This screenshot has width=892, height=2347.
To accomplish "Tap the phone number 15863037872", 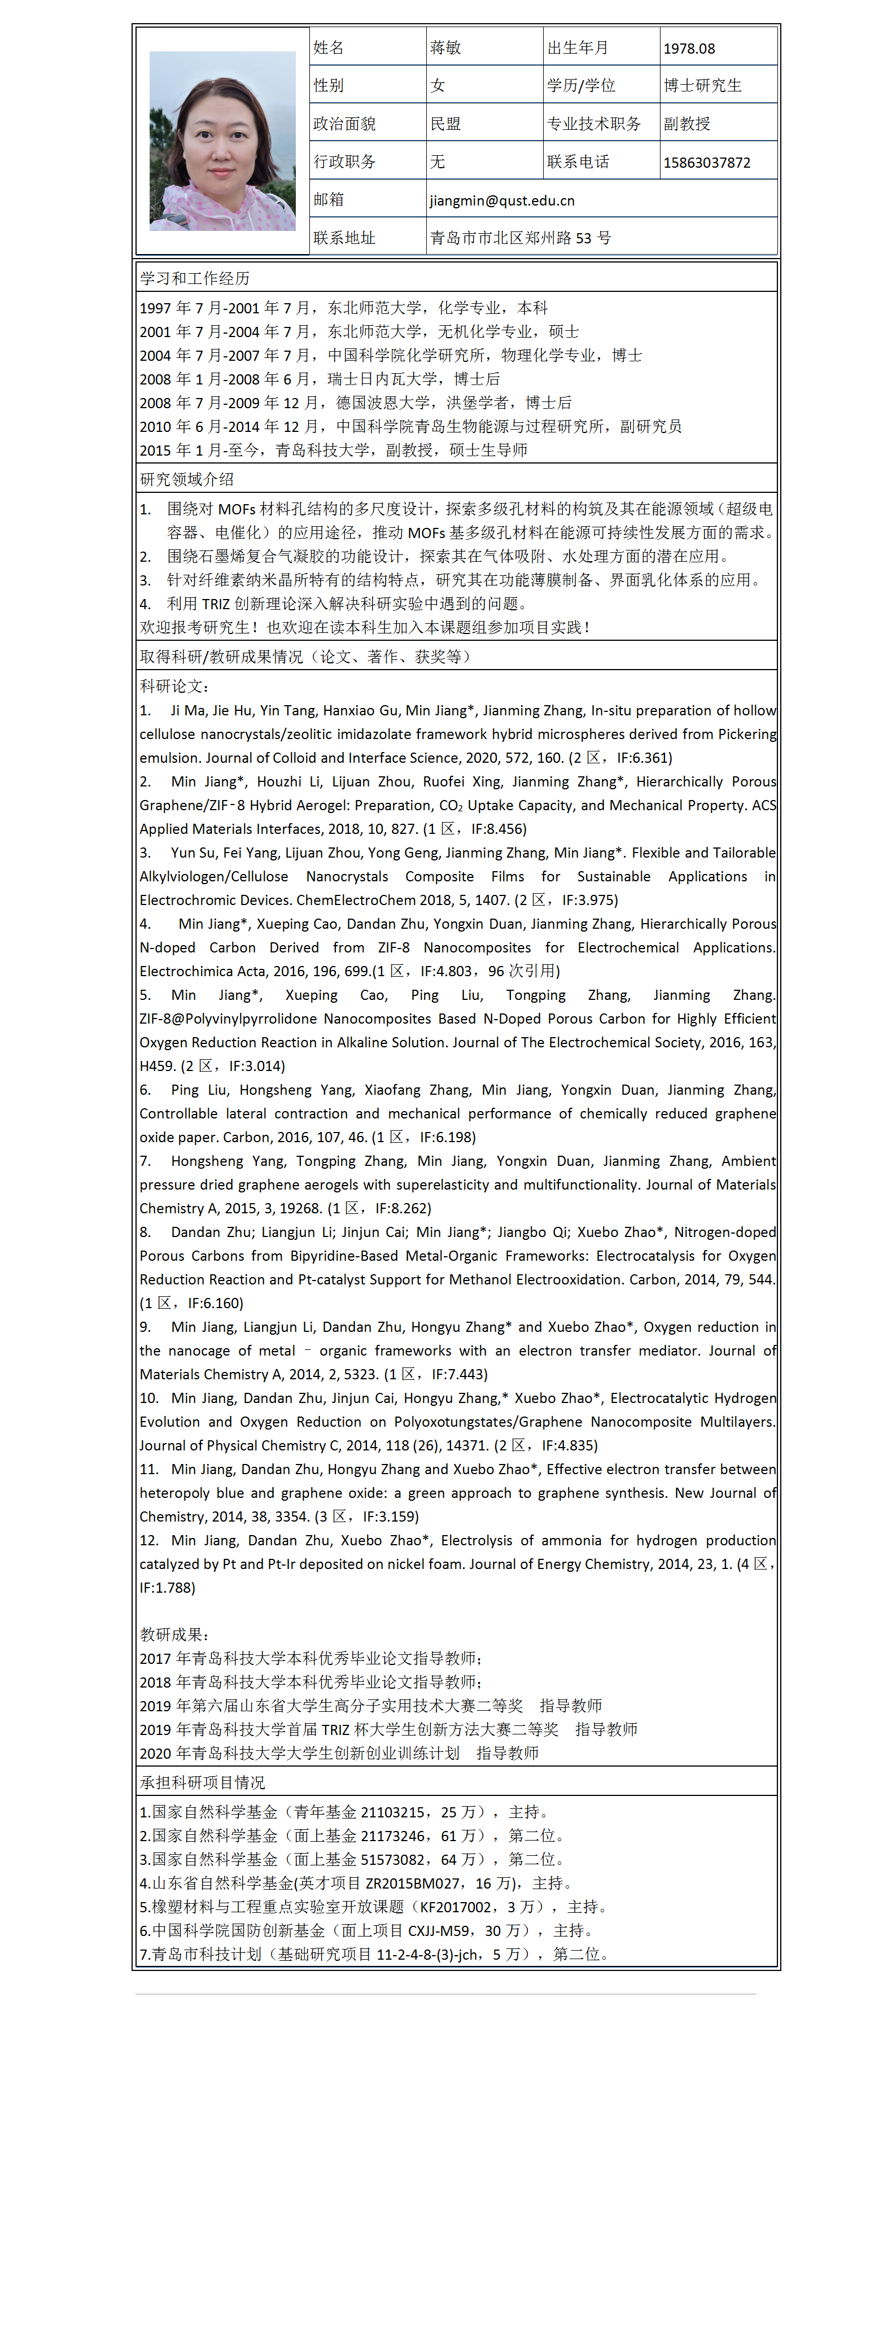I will [707, 162].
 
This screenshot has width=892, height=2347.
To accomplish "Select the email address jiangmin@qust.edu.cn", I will [502, 200].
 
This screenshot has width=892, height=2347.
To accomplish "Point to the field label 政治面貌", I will [344, 124].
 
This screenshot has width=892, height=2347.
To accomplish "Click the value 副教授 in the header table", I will [687, 124].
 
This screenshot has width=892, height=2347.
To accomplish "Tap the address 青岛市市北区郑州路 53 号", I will [521, 238].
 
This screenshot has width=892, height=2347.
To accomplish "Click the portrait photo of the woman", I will [222, 141].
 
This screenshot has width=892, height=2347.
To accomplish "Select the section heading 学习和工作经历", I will [195, 278].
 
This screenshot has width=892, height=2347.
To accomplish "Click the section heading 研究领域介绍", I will [187, 479].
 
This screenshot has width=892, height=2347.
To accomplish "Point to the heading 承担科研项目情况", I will [202, 1782].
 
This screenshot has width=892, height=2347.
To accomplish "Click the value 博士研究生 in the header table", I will [702, 86].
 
